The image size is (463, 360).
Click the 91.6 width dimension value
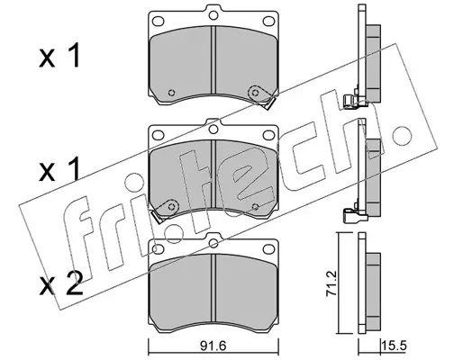(x=213, y=347)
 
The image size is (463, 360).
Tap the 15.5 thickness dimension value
(x=394, y=346)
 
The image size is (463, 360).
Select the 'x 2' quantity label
(x=61, y=283)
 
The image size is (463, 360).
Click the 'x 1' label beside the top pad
(x=59, y=56)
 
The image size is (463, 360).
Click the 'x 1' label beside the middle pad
(x=59, y=169)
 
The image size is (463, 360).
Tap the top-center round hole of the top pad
(x=213, y=15)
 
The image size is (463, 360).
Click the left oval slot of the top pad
(x=159, y=22)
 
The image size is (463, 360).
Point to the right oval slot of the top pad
(x=268, y=22)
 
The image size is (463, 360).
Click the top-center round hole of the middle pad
(x=213, y=130)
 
